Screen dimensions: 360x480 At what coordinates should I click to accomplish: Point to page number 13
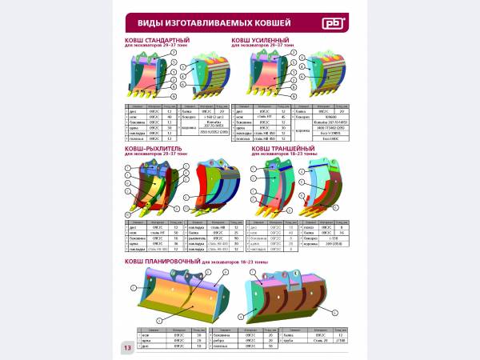click(128, 347)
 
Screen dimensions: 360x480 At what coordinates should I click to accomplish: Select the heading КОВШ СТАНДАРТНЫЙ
click(156, 39)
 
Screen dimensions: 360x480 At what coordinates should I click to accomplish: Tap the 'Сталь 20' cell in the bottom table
click(320, 339)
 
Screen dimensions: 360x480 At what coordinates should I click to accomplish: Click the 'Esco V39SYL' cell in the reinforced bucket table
click(326, 134)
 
